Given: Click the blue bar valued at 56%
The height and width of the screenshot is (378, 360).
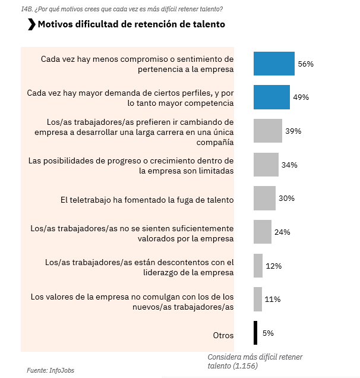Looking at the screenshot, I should tap(274, 64).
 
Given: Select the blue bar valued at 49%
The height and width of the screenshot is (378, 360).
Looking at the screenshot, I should tap(271, 97).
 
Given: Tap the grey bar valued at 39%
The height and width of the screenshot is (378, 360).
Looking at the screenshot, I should tap(267, 131).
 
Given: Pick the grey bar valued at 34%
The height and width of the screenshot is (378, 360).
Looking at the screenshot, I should tap(266, 165).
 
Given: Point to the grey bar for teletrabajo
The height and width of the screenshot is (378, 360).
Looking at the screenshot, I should tap(264, 198).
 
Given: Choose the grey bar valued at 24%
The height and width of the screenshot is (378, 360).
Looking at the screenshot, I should tap(262, 232).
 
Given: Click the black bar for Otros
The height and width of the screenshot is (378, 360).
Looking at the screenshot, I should tap(255, 333).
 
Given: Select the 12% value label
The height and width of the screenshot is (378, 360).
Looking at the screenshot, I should tap(273, 266).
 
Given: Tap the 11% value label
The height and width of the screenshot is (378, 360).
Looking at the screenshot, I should tap(273, 299).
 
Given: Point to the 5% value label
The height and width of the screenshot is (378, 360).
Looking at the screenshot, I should tap(268, 333).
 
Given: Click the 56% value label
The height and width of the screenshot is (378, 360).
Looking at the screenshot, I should tap(305, 64).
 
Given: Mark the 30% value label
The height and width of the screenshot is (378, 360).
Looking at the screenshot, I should tap(287, 198).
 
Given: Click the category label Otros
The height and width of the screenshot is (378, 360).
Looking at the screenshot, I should tap(223, 335).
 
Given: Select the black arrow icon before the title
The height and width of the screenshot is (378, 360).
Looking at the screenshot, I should tap(31, 24).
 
